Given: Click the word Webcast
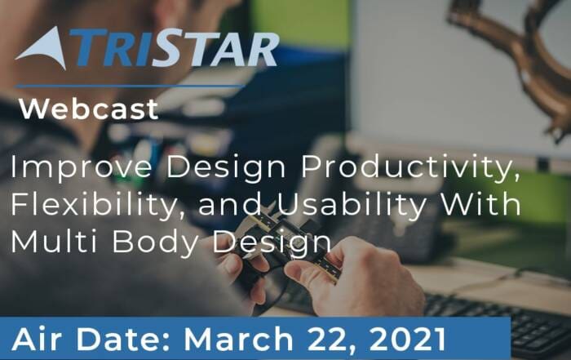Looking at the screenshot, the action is click(x=89, y=109).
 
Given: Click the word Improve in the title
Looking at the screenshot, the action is click(x=81, y=167).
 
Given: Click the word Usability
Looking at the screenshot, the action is click(x=352, y=204).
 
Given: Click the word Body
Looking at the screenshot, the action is click(x=156, y=243).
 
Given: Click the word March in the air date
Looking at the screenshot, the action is click(x=239, y=339).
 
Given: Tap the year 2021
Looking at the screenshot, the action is click(x=408, y=339).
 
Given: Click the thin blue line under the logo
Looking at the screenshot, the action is click(x=130, y=87).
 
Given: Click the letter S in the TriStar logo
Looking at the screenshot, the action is click(x=168, y=48).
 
